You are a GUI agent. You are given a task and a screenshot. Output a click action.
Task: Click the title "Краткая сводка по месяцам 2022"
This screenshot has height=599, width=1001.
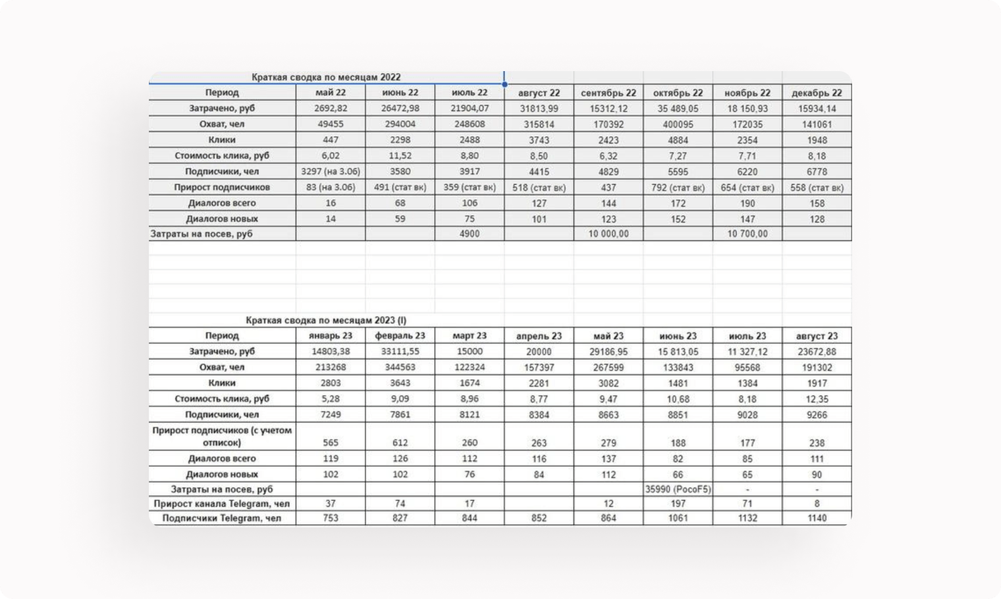pyautogui.click(x=326, y=77)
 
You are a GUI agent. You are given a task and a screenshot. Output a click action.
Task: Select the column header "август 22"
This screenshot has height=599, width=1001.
pyautogui.click(x=539, y=93)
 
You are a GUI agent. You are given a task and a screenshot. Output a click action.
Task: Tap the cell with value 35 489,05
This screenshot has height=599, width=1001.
pyautogui.click(x=678, y=109)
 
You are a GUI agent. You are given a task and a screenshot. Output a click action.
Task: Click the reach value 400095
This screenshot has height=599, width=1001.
pyautogui.click(x=678, y=124)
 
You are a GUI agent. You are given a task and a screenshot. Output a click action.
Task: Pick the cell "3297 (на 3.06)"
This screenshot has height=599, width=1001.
pyautogui.click(x=331, y=172)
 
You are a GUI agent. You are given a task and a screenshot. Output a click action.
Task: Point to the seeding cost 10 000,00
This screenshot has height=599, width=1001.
pyautogui.click(x=609, y=234)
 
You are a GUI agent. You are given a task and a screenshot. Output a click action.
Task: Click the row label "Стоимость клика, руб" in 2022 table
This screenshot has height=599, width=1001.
pyautogui.click(x=222, y=156)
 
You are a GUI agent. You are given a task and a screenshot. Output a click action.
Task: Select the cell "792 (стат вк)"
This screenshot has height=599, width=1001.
pyautogui.click(x=678, y=188)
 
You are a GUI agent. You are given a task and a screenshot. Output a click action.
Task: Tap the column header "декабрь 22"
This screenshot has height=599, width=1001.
pyautogui.click(x=817, y=93)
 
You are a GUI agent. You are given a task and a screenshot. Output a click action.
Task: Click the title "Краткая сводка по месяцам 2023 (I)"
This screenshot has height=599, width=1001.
pyautogui.click(x=326, y=321)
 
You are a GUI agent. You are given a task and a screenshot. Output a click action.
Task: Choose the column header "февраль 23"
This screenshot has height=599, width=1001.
pyautogui.click(x=400, y=336)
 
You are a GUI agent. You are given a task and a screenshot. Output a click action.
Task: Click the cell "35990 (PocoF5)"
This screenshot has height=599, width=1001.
pyautogui.click(x=678, y=490)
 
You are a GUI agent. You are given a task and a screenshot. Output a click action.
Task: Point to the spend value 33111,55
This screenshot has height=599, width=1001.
pyautogui.click(x=400, y=352)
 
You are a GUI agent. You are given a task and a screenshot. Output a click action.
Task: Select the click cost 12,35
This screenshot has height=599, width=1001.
pyautogui.click(x=817, y=399)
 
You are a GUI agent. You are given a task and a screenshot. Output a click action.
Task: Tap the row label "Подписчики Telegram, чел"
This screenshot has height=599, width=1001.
pyautogui.click(x=222, y=519)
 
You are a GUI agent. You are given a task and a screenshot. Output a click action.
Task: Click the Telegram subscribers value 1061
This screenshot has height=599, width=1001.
pyautogui.click(x=678, y=519)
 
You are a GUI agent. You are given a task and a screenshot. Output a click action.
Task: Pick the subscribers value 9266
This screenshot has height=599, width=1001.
pyautogui.click(x=817, y=415)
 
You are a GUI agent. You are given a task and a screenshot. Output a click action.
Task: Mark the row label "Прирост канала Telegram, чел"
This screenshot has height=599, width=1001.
pyautogui.click(x=222, y=504)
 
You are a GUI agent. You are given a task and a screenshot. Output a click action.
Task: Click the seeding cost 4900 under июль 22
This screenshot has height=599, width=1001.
pyautogui.click(x=470, y=234)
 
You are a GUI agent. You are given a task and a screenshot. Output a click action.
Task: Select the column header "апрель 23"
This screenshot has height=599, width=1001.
pyautogui.click(x=539, y=336)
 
